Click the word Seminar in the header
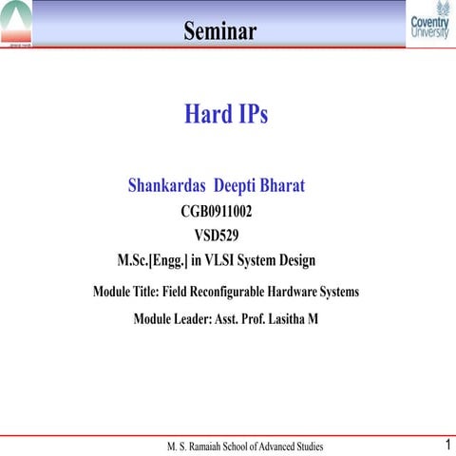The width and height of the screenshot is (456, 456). (220, 31)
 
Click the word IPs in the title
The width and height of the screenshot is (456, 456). (252, 114)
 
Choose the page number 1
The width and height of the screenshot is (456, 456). (446, 444)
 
